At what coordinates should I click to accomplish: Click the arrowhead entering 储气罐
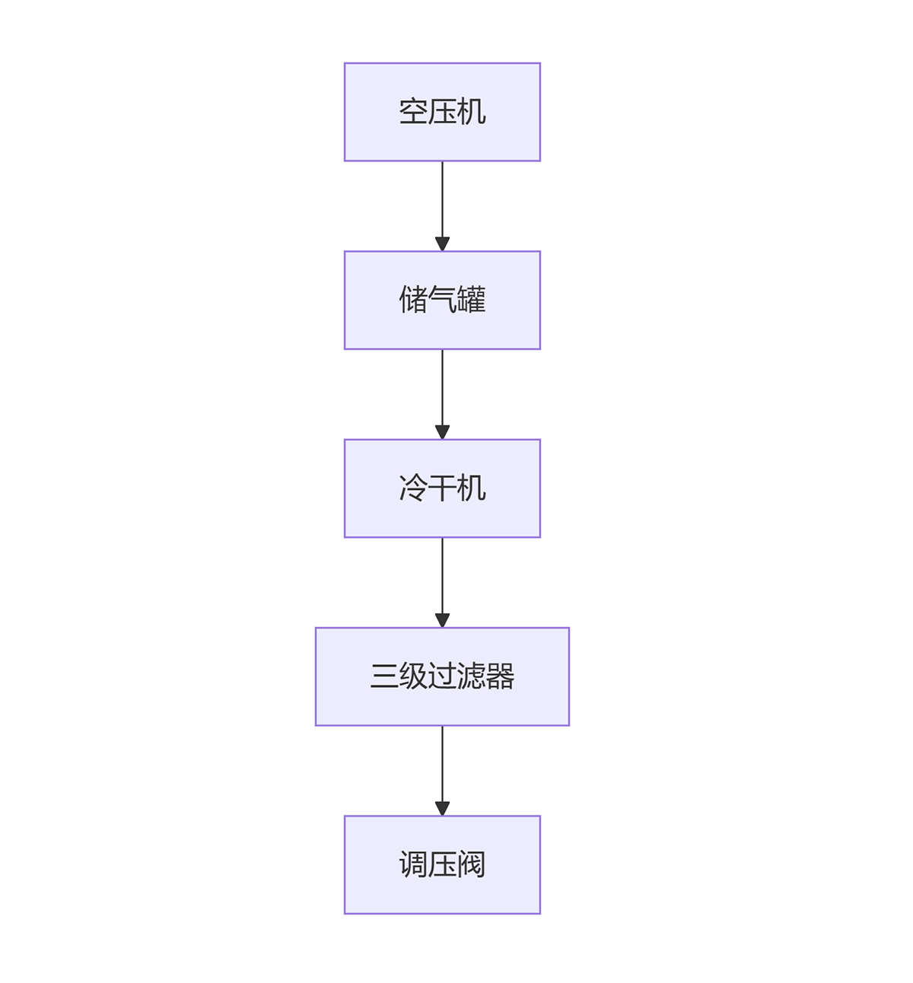point(442,244)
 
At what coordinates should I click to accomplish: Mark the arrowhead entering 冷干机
point(442,432)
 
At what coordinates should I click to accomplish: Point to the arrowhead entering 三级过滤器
point(442,620)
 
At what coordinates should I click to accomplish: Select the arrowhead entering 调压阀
point(442,809)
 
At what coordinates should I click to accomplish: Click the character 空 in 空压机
point(413,112)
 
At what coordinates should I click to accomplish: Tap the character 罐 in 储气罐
point(472,300)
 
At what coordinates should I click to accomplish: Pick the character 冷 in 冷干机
point(413,488)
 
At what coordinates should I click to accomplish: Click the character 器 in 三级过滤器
point(500,676)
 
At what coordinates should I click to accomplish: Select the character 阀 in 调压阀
point(472,864)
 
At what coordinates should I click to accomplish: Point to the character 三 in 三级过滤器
point(384,676)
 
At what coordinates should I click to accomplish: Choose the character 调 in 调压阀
point(413,864)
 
